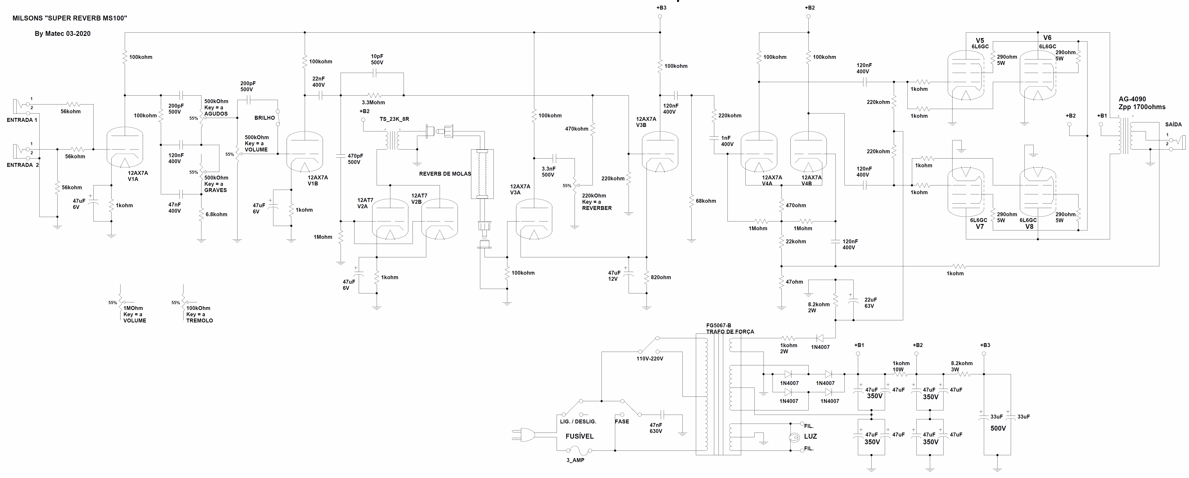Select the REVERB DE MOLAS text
(445, 174)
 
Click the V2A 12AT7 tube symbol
(390, 219)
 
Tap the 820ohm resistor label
(661, 277)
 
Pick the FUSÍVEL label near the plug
(580, 436)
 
